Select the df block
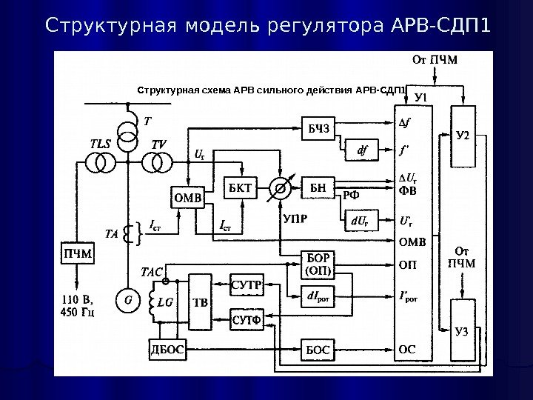click(363, 152)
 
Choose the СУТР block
click(247, 285)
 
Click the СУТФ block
click(247, 320)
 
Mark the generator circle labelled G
click(128, 301)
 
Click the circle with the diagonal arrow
click(281, 188)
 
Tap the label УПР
click(295, 219)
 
